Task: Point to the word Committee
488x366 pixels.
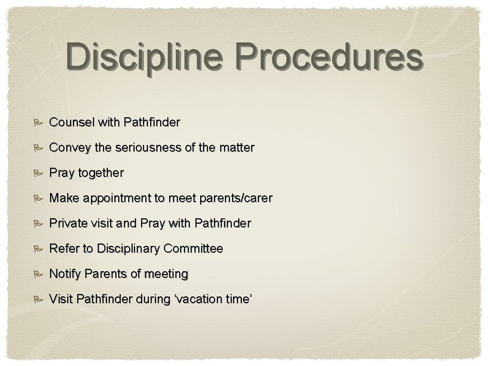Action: (x=193, y=248)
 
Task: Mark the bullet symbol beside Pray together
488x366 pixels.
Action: (x=38, y=173)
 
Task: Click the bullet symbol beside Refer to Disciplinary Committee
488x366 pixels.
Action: (x=38, y=249)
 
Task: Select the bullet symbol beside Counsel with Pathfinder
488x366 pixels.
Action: (x=38, y=123)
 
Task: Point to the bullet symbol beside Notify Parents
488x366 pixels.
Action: (x=38, y=274)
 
